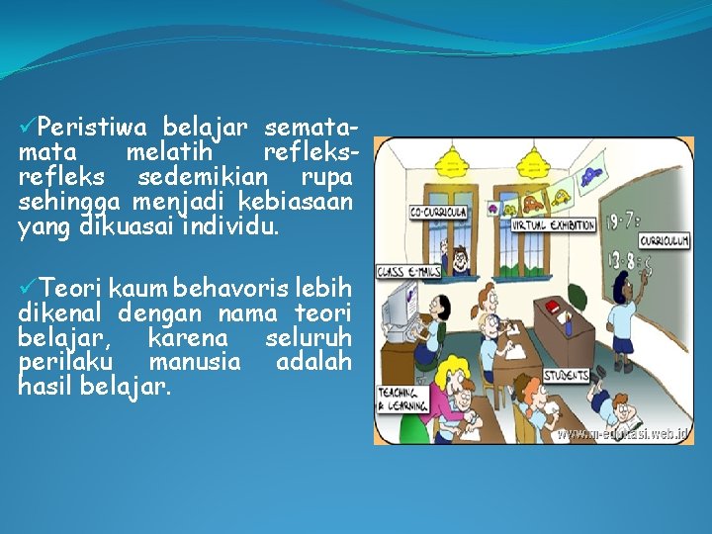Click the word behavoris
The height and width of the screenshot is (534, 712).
[229, 289]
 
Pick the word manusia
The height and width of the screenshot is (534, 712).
[194, 362]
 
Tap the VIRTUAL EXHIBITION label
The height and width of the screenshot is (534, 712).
[553, 224]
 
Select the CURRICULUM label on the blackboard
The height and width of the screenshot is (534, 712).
[664, 241]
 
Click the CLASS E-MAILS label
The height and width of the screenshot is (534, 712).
[407, 271]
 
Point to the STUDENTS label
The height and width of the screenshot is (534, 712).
[568, 375]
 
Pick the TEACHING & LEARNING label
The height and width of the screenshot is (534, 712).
[402, 398]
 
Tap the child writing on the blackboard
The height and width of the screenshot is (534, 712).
[623, 317]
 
